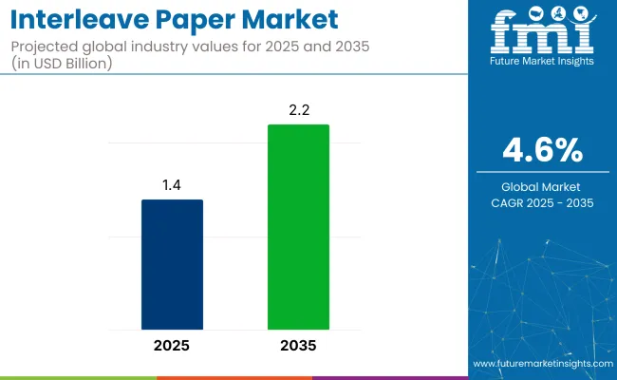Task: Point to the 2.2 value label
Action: pos(298,111)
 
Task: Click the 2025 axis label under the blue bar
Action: pos(172,346)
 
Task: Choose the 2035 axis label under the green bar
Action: pos(298,346)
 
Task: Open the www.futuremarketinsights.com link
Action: pos(537,364)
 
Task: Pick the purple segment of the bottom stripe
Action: pos(389,377)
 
